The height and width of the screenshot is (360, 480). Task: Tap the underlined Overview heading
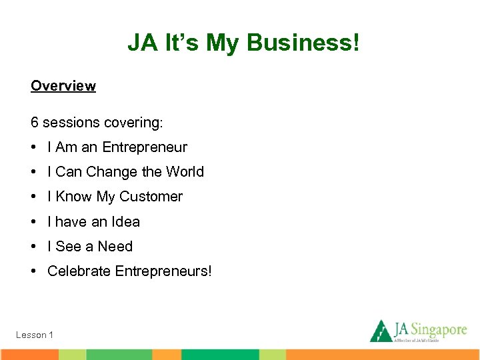tap(63, 86)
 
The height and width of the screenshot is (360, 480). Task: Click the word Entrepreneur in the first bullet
tap(145, 147)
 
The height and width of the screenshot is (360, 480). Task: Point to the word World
tap(185, 172)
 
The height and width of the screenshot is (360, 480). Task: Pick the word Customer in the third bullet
tap(151, 197)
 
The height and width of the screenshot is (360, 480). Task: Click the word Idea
tap(126, 221)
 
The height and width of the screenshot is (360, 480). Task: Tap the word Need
tap(115, 247)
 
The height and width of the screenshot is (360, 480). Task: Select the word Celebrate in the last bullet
tap(79, 271)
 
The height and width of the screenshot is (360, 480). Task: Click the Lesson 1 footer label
tap(35, 335)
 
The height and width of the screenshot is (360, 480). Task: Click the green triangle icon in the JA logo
tap(381, 331)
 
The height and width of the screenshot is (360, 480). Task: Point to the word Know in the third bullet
tap(74, 197)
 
